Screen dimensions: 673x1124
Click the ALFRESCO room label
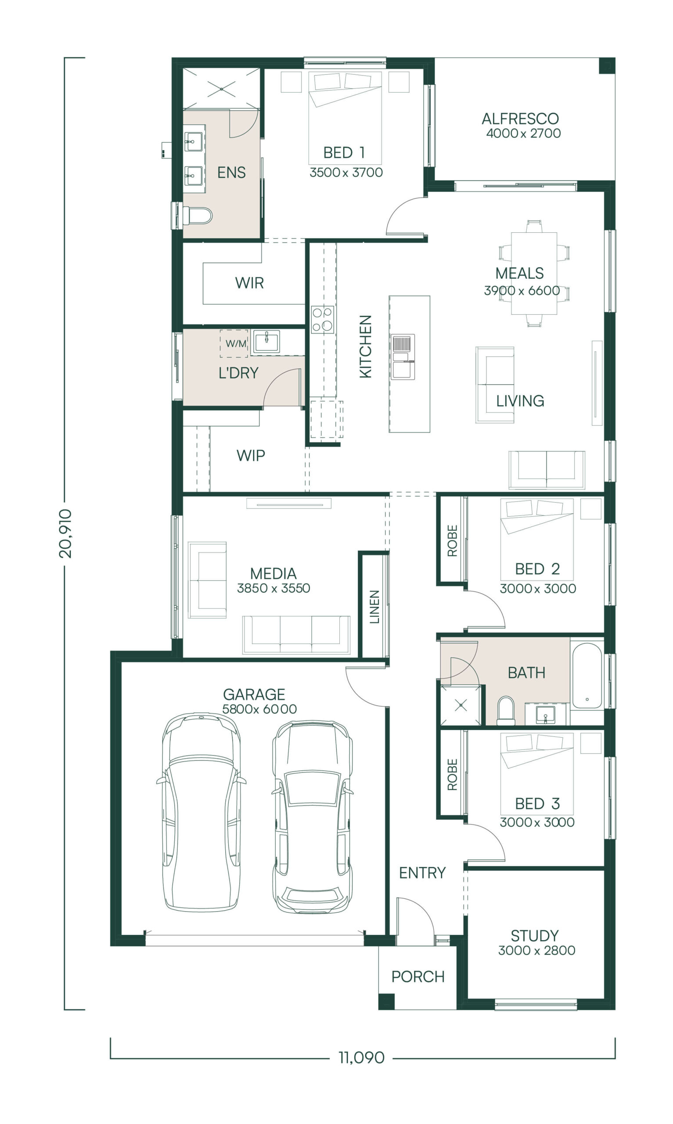point(520,119)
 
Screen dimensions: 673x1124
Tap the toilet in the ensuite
point(197,216)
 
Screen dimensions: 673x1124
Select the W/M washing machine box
point(234,343)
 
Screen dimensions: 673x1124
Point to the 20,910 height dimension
point(65,533)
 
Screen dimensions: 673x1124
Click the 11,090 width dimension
point(361,1058)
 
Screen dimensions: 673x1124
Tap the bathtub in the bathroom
point(587,675)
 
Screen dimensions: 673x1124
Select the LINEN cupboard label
point(374,607)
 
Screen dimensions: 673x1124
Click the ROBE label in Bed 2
point(452,541)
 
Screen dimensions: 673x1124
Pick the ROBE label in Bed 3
point(452,775)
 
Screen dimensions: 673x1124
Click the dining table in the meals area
point(534,274)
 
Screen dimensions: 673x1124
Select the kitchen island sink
point(403,357)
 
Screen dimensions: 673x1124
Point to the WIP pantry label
point(251,456)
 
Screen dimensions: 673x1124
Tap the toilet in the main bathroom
point(506,710)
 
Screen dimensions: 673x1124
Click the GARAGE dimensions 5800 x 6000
point(259,709)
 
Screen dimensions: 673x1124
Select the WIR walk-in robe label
point(249,283)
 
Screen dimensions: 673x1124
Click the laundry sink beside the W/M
point(266,342)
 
